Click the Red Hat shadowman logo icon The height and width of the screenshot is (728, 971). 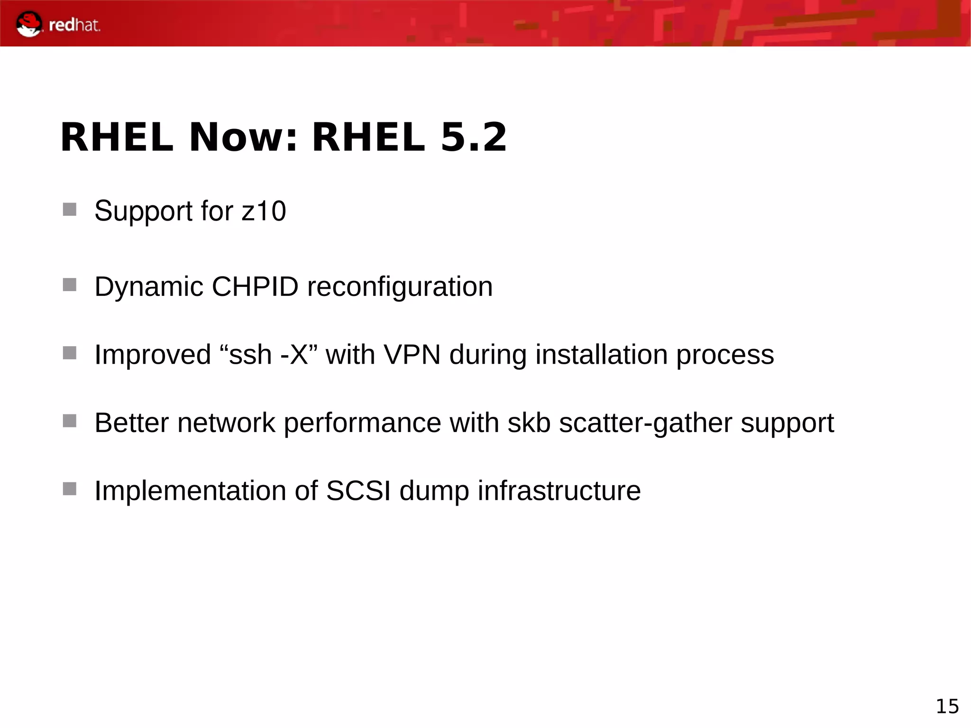(28, 24)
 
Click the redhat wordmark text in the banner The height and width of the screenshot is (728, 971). (74, 25)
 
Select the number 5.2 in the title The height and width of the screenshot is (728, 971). (474, 137)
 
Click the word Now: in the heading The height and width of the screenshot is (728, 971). (243, 137)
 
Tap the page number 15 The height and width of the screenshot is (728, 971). (947, 707)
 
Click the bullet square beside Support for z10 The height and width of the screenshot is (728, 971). (70, 210)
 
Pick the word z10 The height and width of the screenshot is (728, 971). (264, 211)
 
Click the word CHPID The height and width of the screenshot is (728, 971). (255, 286)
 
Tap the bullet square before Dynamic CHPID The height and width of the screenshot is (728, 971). (70, 285)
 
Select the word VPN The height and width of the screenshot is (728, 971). (412, 354)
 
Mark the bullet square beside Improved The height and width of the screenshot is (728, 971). (70, 353)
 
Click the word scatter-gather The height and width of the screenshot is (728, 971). (645, 423)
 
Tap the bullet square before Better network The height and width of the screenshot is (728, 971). (70, 421)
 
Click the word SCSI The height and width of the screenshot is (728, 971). (358, 490)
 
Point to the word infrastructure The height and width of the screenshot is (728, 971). (559, 490)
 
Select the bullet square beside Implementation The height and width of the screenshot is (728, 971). (70, 488)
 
